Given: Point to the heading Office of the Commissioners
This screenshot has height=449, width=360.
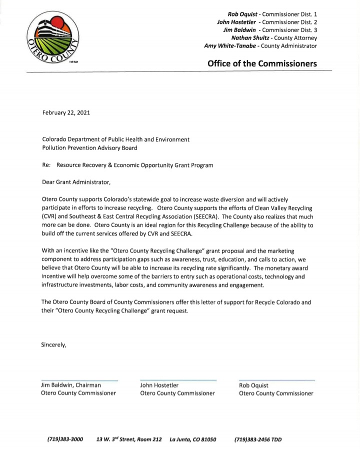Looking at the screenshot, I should (262, 63).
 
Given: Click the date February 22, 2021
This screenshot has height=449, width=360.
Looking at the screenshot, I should (66, 113).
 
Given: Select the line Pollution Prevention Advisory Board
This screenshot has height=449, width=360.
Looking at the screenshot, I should (89, 148).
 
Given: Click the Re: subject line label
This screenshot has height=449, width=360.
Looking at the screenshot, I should (46, 165).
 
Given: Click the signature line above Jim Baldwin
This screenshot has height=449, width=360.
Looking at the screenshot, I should (79, 380).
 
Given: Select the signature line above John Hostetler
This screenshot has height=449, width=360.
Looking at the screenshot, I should (178, 380).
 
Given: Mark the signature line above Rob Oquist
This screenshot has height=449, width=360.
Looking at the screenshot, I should (276, 380).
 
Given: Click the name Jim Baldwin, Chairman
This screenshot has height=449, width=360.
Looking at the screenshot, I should (71, 385).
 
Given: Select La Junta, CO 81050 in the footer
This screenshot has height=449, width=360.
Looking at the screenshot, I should (193, 439).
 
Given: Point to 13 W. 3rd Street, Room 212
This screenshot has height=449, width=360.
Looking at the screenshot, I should (129, 439).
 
